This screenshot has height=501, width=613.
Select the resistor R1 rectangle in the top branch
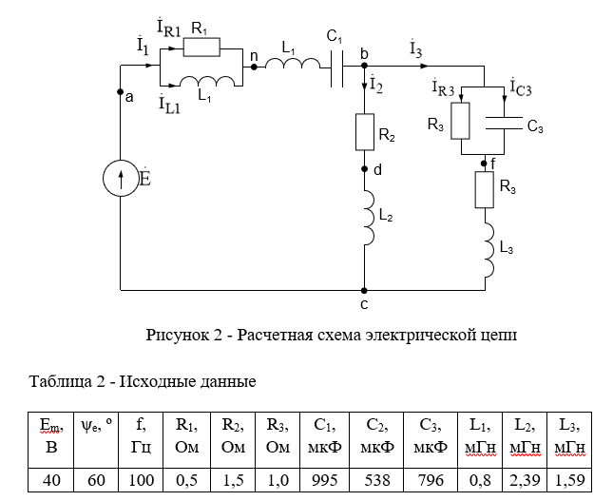pos(201,47)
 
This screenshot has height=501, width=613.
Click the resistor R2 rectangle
pos(363,132)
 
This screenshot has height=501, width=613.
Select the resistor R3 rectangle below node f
pos(485,190)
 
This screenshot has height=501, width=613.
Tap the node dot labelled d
pos(363,169)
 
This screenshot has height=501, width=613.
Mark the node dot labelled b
pos(363,66)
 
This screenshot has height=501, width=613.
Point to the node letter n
pos(253,57)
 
